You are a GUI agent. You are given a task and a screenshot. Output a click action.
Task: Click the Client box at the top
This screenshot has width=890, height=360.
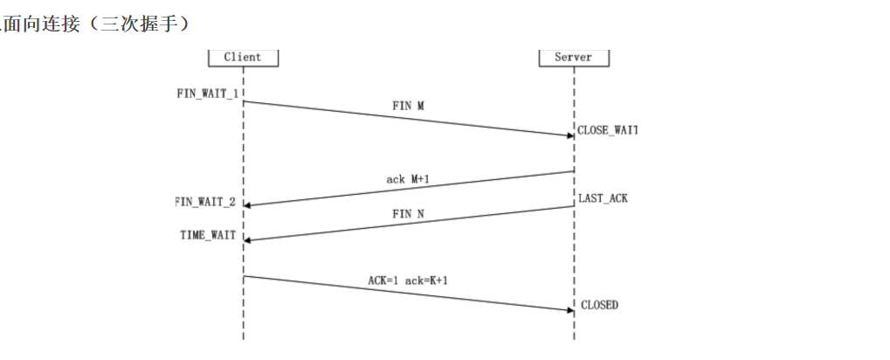(242, 57)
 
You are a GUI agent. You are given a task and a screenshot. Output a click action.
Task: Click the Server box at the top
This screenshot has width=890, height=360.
(573, 57)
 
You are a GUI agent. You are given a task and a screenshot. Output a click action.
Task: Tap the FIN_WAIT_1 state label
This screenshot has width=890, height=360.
(209, 92)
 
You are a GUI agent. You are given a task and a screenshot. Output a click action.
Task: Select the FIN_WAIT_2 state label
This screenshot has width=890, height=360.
(206, 202)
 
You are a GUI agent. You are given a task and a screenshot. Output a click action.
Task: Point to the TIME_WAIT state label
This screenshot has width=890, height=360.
(208, 235)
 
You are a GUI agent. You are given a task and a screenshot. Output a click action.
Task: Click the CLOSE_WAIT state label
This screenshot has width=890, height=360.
(608, 130)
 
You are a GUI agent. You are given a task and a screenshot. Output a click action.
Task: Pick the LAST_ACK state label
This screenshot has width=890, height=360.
(603, 198)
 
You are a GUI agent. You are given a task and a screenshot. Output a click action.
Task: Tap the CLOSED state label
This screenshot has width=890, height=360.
(599, 305)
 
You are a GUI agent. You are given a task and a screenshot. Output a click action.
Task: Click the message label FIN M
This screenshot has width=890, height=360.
(408, 105)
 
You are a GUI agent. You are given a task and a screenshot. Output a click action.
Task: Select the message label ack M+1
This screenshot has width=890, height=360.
(408, 178)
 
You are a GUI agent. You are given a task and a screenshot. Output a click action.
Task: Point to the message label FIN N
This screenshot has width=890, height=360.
(408, 212)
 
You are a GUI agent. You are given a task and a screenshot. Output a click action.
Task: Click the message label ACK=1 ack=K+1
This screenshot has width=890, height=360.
(409, 281)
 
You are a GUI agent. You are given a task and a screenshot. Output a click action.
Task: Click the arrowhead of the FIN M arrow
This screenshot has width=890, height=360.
(569, 135)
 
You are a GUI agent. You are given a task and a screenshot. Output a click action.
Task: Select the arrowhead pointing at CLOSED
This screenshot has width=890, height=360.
(569, 309)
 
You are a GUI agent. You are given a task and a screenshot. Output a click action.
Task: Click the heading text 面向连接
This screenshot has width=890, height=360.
(36, 24)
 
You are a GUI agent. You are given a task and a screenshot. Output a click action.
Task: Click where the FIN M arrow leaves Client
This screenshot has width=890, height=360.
(244, 101)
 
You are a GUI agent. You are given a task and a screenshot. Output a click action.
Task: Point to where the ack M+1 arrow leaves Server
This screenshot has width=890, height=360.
(574, 171)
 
